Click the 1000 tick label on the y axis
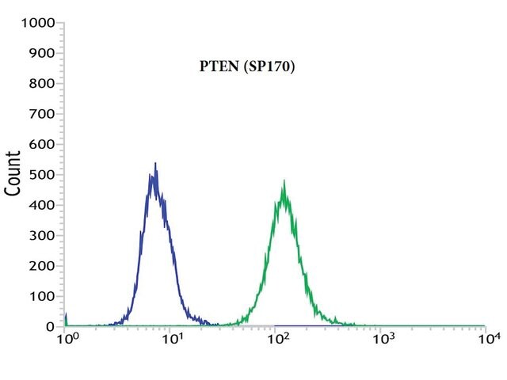click(x=38, y=23)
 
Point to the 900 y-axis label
click(x=42, y=53)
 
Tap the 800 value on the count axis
click(x=42, y=84)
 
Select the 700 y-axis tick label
click(x=42, y=114)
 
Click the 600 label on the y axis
click(x=42, y=144)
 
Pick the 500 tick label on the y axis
click(x=42, y=175)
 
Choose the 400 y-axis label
click(x=42, y=205)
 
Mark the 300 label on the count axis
click(x=42, y=236)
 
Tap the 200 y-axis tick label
click(x=42, y=266)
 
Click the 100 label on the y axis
click(x=42, y=296)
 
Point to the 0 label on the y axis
click(x=51, y=327)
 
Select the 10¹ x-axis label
click(x=172, y=339)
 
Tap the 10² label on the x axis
click(x=277, y=339)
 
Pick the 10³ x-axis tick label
click(x=383, y=339)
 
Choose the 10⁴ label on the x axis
click(x=490, y=339)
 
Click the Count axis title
click(x=13, y=173)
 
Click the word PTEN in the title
click(x=219, y=66)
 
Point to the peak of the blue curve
click(x=155, y=163)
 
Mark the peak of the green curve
click(x=284, y=180)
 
